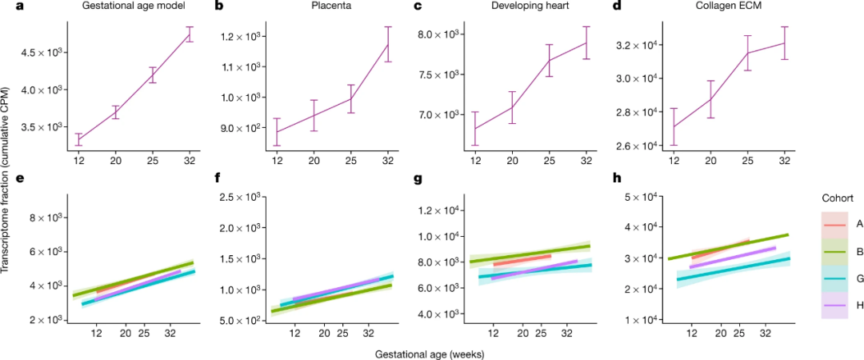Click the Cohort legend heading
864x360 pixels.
pyautogui.click(x=837, y=198)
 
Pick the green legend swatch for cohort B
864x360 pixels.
pyautogui.click(x=833, y=252)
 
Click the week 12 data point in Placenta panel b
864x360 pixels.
pyautogui.click(x=277, y=132)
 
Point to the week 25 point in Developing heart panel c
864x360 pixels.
pyautogui.click(x=550, y=60)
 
